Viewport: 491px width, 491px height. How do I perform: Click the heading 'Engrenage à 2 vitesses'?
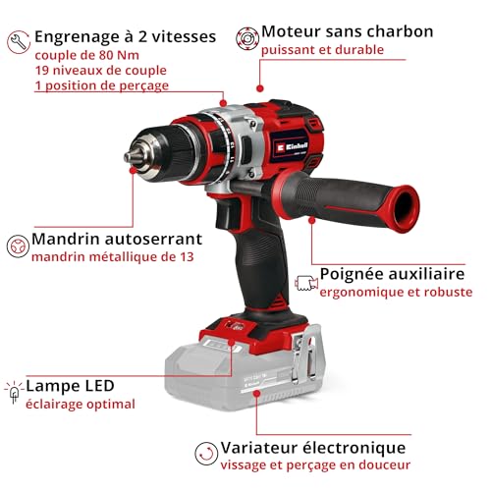coord(125,36)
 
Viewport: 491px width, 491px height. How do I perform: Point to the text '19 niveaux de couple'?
coord(99,70)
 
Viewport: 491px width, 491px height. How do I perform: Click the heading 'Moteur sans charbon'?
coord(347,31)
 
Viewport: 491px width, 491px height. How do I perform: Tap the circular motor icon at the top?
coord(245,37)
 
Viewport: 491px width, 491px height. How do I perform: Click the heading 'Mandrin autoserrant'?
coord(117,239)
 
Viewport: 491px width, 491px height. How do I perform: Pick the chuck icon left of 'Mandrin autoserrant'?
coord(16,246)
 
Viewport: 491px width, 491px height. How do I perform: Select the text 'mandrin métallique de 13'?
coord(111,257)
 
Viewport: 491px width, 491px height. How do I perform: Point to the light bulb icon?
coord(14,393)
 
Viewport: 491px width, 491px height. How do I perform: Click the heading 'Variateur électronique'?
coord(313,447)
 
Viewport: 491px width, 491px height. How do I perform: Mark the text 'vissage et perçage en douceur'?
coord(315,464)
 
